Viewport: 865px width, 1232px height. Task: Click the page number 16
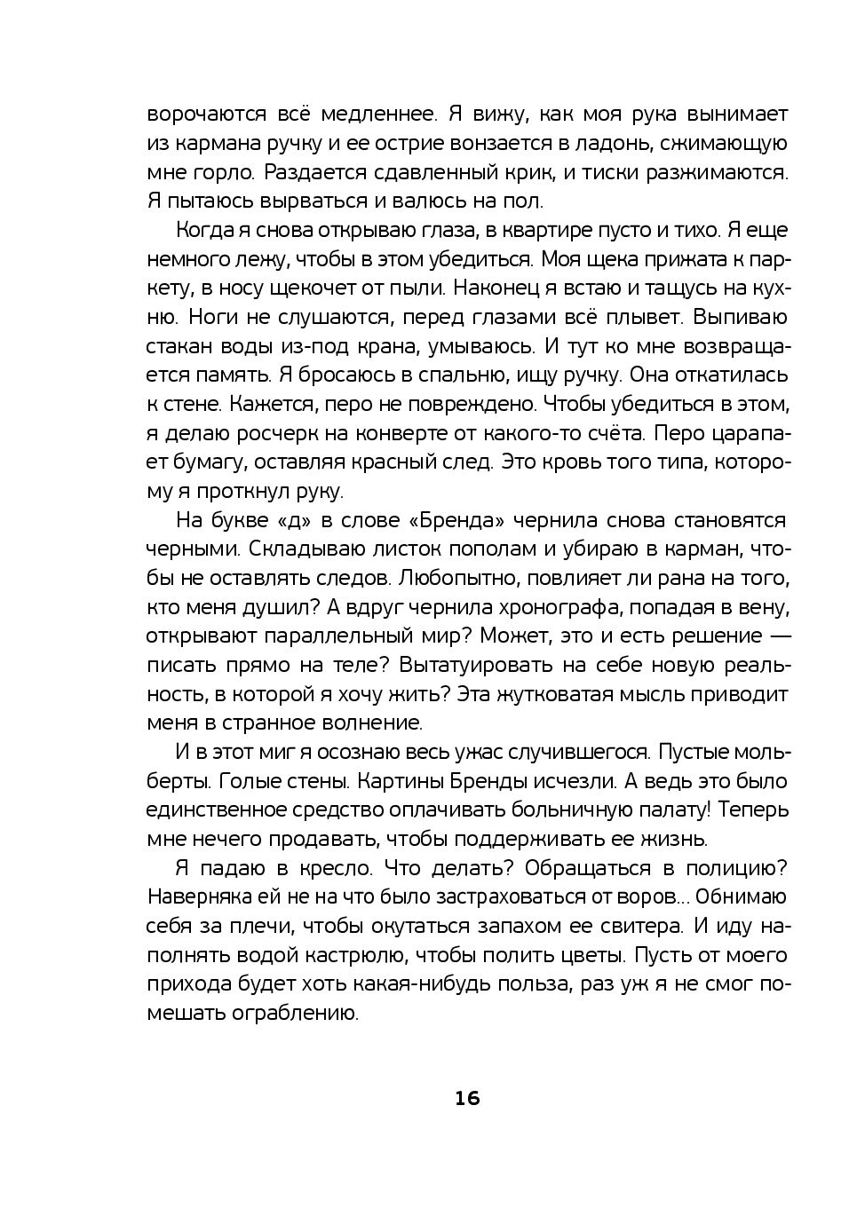467,1098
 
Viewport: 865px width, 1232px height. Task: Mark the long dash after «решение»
778,636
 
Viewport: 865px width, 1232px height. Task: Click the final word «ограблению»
282,1013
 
